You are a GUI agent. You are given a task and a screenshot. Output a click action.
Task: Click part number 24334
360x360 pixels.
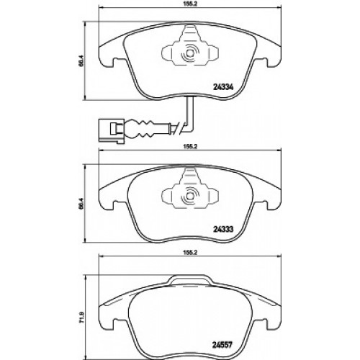[223, 87]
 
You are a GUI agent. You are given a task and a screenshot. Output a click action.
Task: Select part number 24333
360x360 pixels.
[223, 230]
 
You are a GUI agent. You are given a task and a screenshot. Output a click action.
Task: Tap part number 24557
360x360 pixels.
[222, 346]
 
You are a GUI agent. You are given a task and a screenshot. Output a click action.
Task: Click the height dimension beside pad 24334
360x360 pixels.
[81, 60]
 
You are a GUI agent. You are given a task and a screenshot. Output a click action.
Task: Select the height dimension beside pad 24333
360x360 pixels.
[81, 203]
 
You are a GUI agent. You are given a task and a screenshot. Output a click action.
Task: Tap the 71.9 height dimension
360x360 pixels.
[81, 317]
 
